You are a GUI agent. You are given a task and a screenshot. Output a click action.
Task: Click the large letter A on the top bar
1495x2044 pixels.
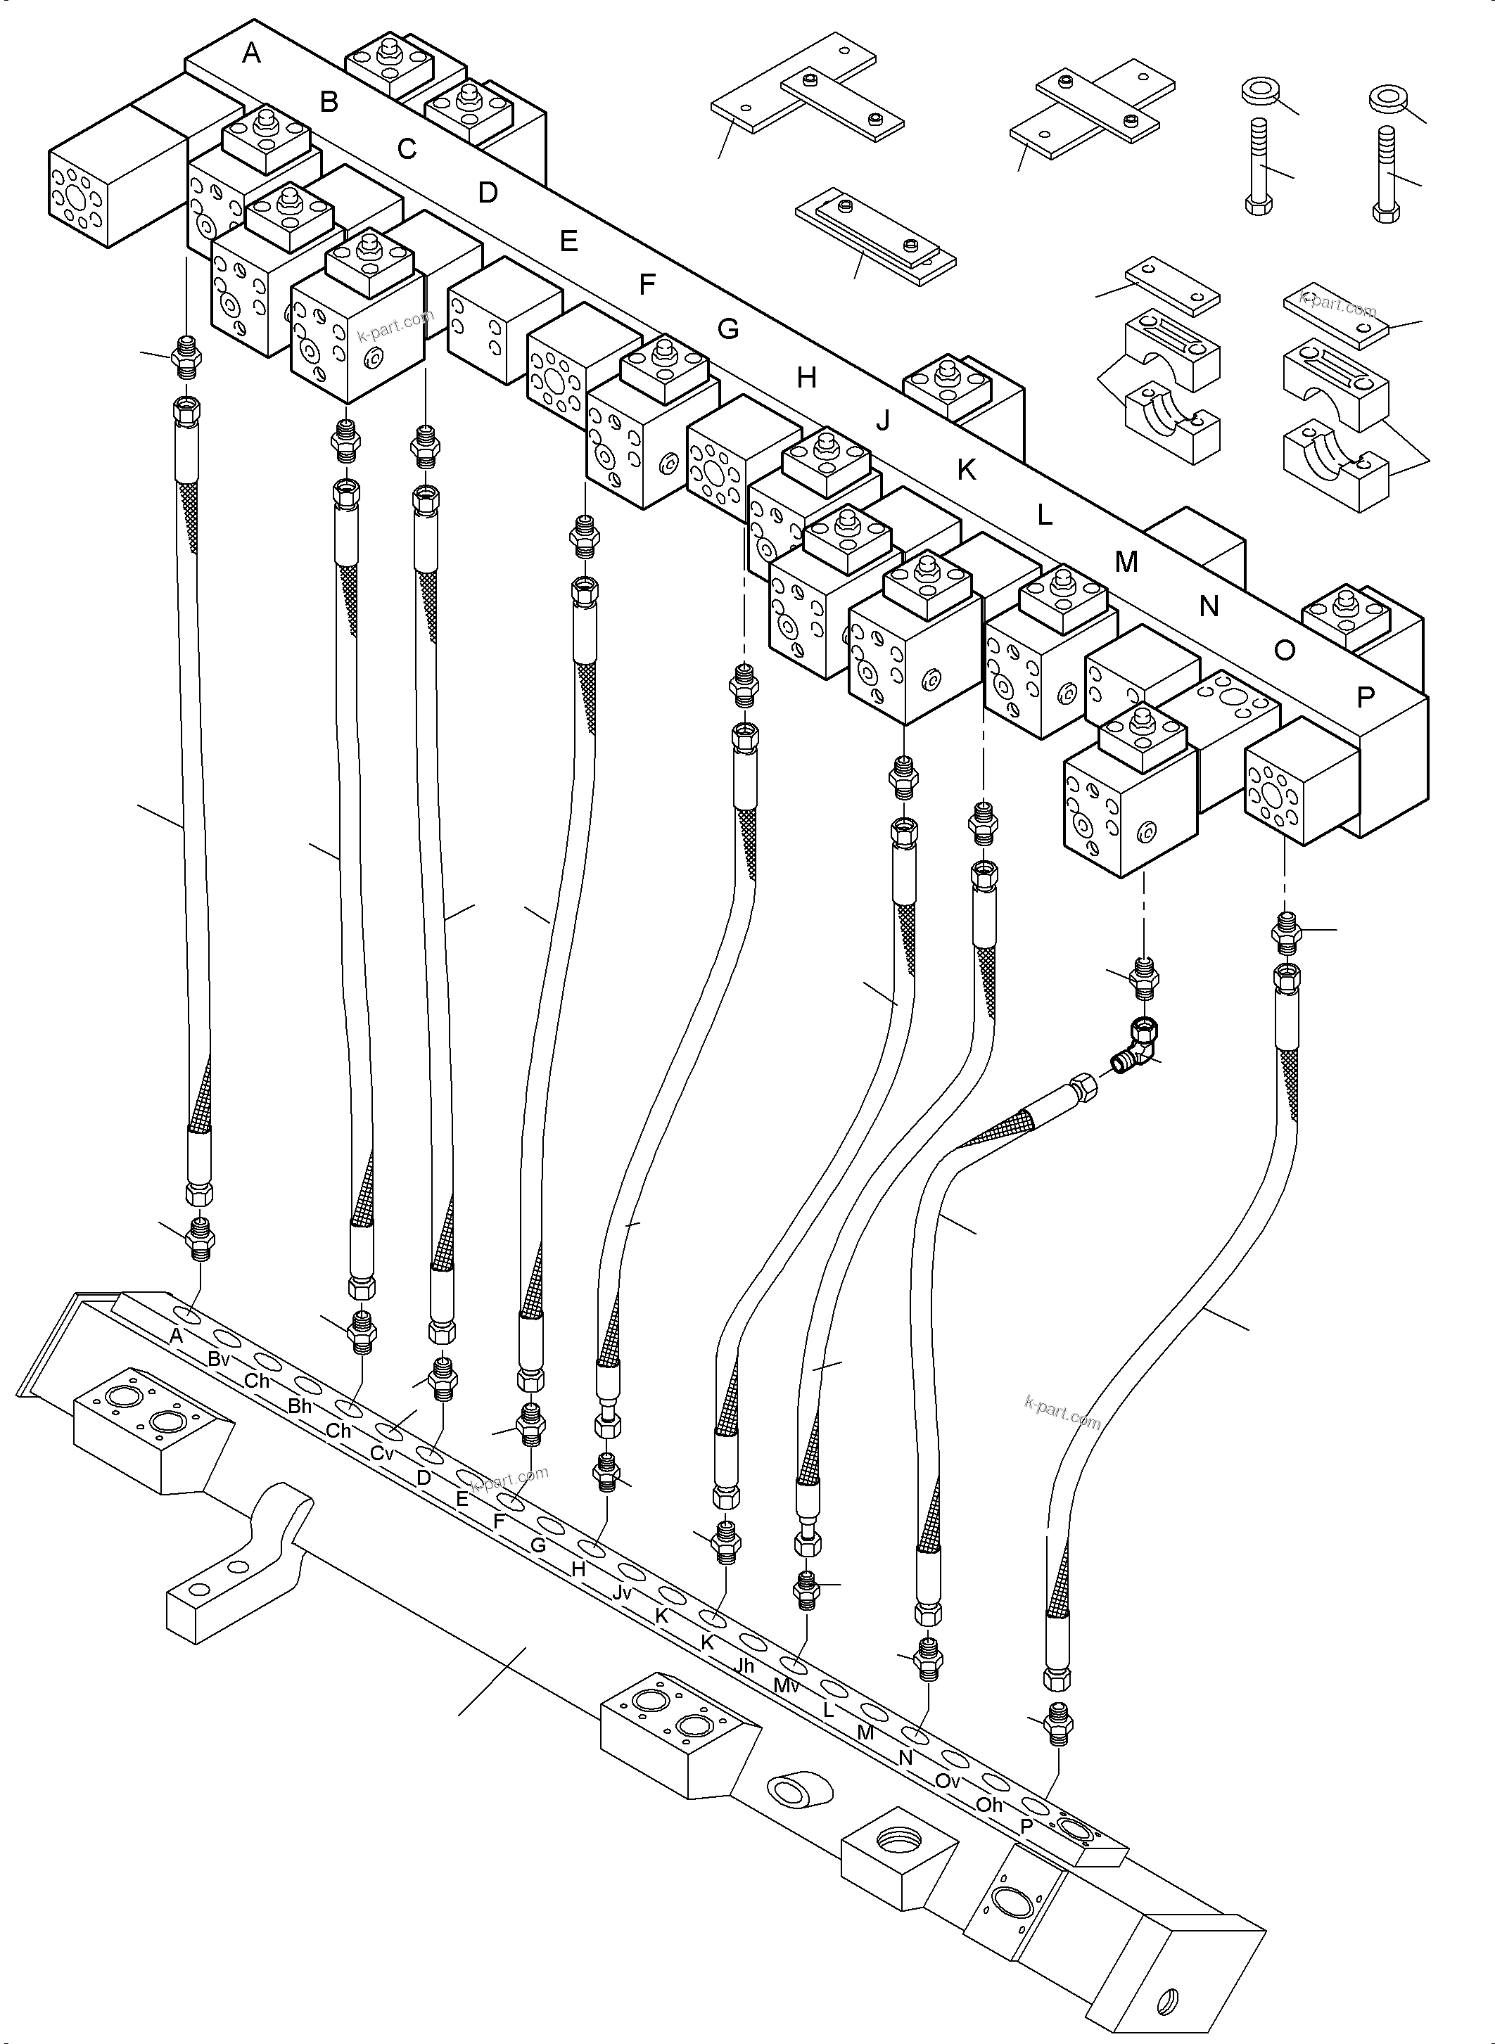(252, 53)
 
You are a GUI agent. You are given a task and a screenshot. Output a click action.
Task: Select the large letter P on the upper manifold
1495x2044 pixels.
(1366, 697)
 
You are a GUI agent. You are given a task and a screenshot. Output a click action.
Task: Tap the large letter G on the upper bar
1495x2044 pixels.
(727, 329)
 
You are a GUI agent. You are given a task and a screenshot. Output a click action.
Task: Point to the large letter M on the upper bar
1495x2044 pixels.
(1126, 562)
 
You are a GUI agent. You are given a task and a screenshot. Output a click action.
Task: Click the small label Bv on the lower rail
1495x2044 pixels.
(218, 1358)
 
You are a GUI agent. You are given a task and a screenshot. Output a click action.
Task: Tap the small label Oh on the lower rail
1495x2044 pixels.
(988, 1804)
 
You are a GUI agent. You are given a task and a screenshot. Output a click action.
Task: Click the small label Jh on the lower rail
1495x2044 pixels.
(744, 1665)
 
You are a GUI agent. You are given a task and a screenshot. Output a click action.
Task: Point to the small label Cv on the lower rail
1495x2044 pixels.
(382, 1453)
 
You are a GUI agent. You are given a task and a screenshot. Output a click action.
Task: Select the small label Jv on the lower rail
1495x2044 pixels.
(621, 1592)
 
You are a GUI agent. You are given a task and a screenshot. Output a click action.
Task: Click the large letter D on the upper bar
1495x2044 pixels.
(488, 193)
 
